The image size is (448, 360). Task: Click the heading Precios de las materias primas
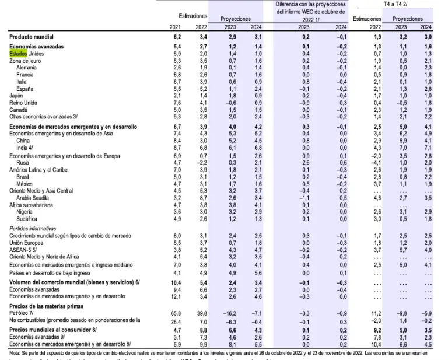pos(46,306)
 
